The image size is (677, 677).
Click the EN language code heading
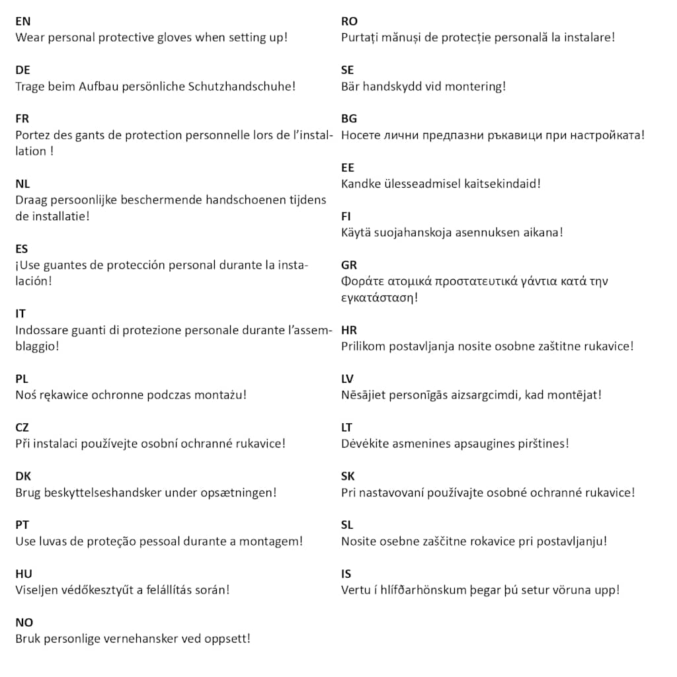click(x=22, y=21)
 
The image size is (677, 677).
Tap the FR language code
click(x=22, y=119)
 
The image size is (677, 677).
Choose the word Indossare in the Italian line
click(x=42, y=331)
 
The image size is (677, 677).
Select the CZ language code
click(x=22, y=428)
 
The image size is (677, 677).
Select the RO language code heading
click(x=349, y=21)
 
